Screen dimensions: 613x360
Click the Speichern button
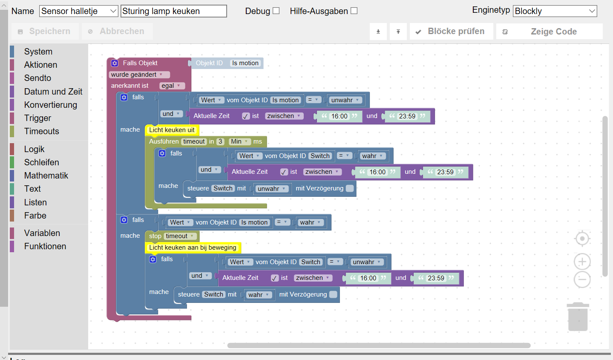[x=45, y=31]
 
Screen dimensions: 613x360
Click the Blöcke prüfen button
[x=451, y=31]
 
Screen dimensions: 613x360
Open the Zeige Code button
[x=549, y=32]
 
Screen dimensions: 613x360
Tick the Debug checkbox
[x=276, y=11]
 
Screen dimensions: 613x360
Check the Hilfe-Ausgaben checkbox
[x=354, y=11]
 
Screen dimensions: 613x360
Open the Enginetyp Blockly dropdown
[x=555, y=11]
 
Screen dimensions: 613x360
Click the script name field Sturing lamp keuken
[x=173, y=11]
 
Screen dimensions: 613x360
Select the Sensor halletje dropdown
[x=78, y=11]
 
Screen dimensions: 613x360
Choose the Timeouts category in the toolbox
[x=42, y=131]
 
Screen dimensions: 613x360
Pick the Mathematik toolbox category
[x=46, y=176]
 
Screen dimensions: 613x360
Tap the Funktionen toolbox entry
[x=45, y=246]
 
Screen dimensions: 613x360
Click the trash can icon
[x=578, y=317]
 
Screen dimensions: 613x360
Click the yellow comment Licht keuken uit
[x=172, y=130]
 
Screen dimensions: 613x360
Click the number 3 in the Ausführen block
[x=220, y=141]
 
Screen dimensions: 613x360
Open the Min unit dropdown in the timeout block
[x=239, y=141]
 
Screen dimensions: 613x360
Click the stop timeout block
[x=172, y=236]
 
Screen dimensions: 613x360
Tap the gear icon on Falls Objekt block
[x=115, y=63]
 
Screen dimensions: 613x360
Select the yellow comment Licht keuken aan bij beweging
[x=193, y=248]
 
